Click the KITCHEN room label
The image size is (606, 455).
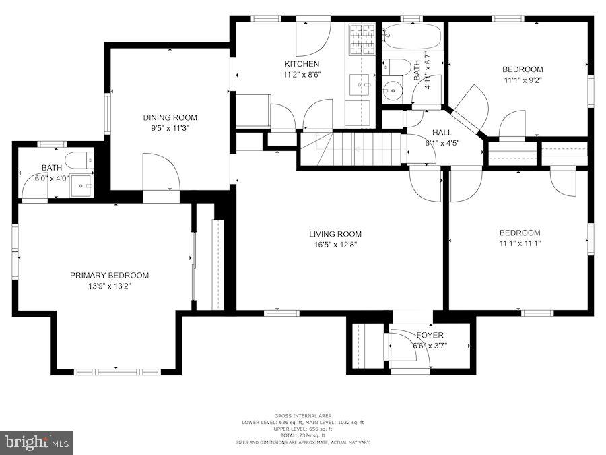[x=302, y=64]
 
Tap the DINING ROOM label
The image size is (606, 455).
[x=170, y=117]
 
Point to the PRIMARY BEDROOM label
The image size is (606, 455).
[x=110, y=275]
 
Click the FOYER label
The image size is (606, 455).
[x=430, y=335]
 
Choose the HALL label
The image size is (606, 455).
[x=442, y=132]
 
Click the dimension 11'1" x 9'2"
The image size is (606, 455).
[x=523, y=80]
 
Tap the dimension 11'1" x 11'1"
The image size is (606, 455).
[x=520, y=243]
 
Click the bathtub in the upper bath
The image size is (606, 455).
[x=411, y=35]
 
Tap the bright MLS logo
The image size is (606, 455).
[x=37, y=443]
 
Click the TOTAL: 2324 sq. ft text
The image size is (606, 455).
[x=302, y=435]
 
